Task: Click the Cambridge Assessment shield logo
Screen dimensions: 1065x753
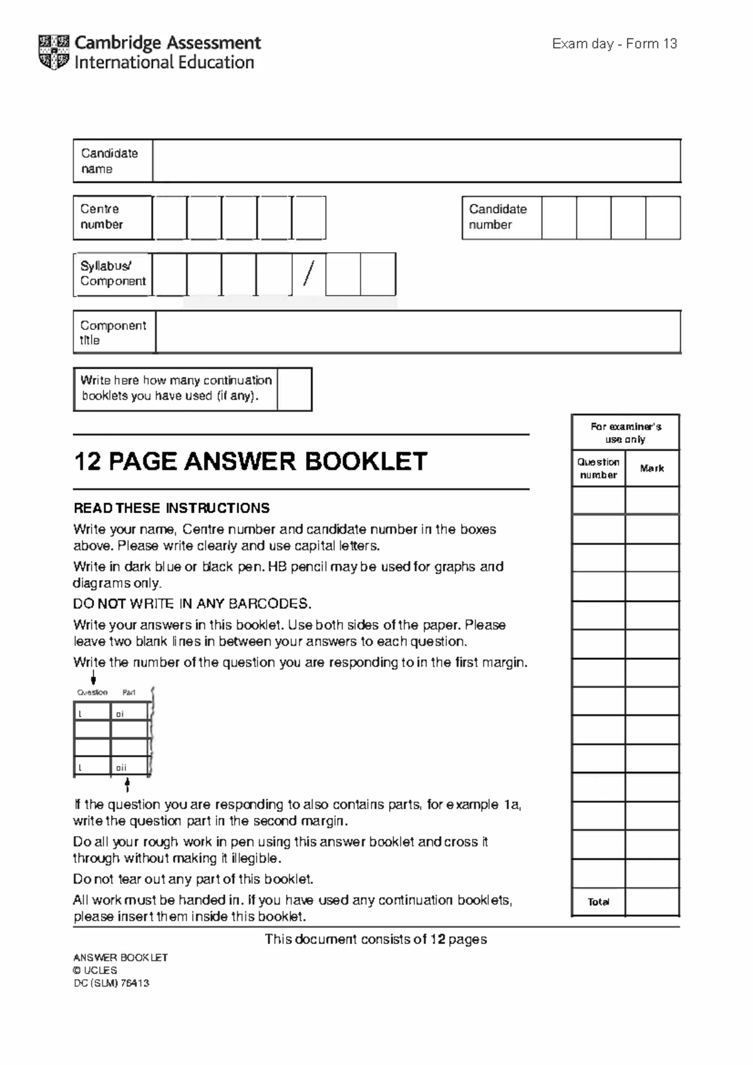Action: point(53,52)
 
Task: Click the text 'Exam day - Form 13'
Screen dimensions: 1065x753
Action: point(614,44)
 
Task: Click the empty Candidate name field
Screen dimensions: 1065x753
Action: point(416,161)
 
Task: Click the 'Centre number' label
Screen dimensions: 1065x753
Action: point(102,217)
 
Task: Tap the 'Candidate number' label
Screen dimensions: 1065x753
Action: point(498,217)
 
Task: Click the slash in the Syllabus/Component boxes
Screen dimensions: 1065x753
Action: point(308,274)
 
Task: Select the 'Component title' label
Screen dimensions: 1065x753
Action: point(112,332)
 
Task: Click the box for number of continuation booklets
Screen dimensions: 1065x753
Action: point(294,389)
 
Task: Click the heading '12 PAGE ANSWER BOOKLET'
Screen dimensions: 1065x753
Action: point(250,462)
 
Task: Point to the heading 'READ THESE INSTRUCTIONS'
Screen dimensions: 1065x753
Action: point(171,508)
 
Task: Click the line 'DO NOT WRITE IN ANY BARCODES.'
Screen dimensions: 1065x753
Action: point(192,604)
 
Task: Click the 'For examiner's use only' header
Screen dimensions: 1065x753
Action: point(626,433)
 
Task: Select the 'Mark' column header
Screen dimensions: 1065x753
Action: point(652,469)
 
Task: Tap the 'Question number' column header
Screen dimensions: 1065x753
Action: point(598,469)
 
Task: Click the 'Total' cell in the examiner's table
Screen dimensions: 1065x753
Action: point(598,902)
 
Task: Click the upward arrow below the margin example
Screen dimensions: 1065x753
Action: point(127,785)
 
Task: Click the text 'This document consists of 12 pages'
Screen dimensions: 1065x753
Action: point(376,939)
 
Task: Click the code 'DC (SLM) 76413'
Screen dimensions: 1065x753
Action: point(111,983)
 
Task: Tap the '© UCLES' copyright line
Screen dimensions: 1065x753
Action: point(95,970)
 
